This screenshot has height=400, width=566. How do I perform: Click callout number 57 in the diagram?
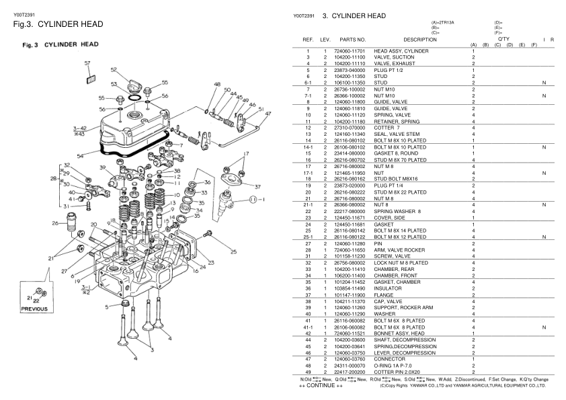pos(87,64)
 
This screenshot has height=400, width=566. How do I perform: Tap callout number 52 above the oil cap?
pos(114,70)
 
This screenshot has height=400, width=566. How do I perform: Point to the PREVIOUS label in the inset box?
pos(34,310)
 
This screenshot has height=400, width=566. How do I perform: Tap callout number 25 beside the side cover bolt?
pos(234,252)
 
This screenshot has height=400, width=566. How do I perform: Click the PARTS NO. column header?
pos(352,40)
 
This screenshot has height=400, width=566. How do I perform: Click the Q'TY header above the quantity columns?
pos(502,39)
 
